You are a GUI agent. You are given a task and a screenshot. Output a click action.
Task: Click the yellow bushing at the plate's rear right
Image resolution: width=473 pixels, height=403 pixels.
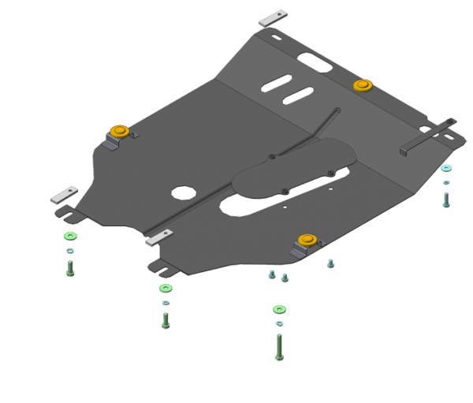pyautogui.click(x=362, y=84)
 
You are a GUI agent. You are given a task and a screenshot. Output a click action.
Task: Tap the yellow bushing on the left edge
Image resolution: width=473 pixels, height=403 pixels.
pyautogui.click(x=120, y=132)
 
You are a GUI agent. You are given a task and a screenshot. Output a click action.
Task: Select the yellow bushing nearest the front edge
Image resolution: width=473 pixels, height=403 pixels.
pyautogui.click(x=306, y=241)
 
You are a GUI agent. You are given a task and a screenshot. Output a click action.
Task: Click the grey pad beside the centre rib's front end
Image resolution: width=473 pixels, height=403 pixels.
pyautogui.click(x=161, y=236)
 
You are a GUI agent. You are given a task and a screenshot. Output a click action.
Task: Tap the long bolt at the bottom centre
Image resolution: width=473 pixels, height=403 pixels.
pyautogui.click(x=279, y=346)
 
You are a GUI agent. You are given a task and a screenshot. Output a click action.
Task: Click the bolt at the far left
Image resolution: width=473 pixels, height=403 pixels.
pyautogui.click(x=71, y=267)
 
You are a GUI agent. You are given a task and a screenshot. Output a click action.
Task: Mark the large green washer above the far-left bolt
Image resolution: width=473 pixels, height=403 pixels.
pyautogui.click(x=71, y=237)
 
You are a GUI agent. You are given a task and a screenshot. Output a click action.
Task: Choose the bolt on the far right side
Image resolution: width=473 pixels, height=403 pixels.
pyautogui.click(x=446, y=198)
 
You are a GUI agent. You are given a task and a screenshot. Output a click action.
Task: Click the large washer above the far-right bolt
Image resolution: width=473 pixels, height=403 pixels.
pyautogui.click(x=447, y=168)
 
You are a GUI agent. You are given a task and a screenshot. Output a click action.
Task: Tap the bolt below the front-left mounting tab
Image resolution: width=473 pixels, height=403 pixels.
pyautogui.click(x=166, y=319)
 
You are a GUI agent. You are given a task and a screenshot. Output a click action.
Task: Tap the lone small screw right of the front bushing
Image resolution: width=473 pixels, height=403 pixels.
pyautogui.click(x=330, y=263)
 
